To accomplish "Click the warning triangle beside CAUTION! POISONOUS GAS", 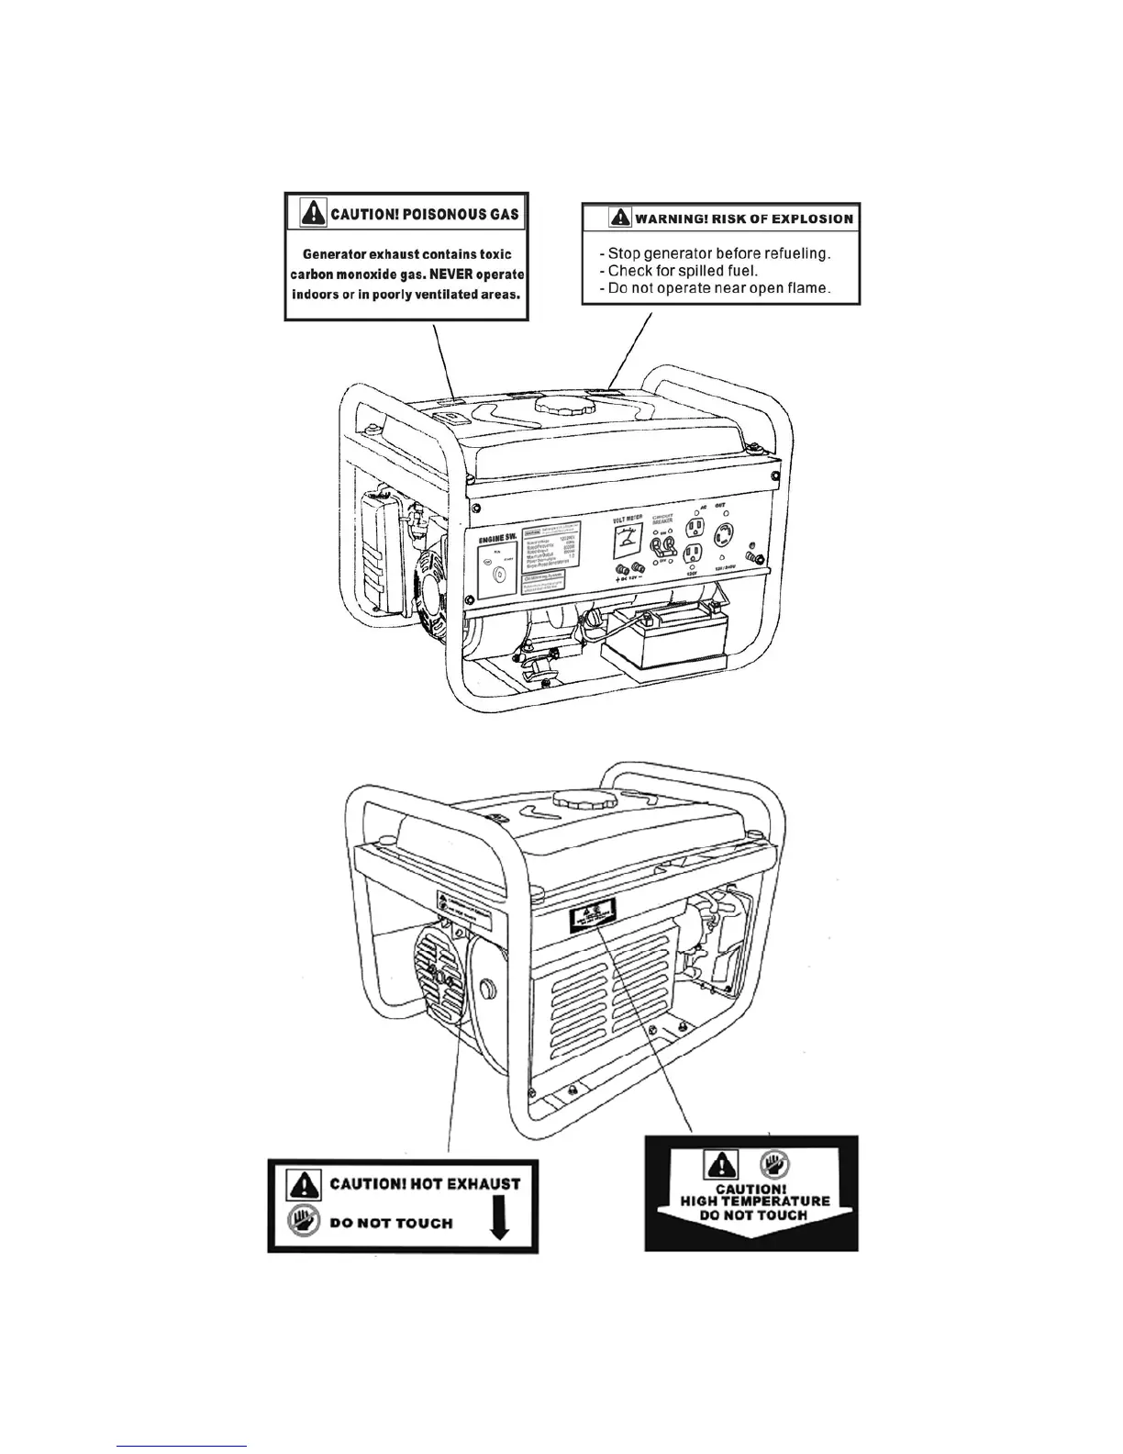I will [315, 214].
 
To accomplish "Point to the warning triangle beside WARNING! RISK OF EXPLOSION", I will [621, 218].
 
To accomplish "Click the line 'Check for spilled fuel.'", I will [683, 271].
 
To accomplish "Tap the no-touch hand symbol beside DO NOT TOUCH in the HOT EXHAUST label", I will [304, 1221].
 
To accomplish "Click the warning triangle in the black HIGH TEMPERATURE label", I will [717, 1166].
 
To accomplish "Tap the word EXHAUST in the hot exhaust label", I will [473, 1183].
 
